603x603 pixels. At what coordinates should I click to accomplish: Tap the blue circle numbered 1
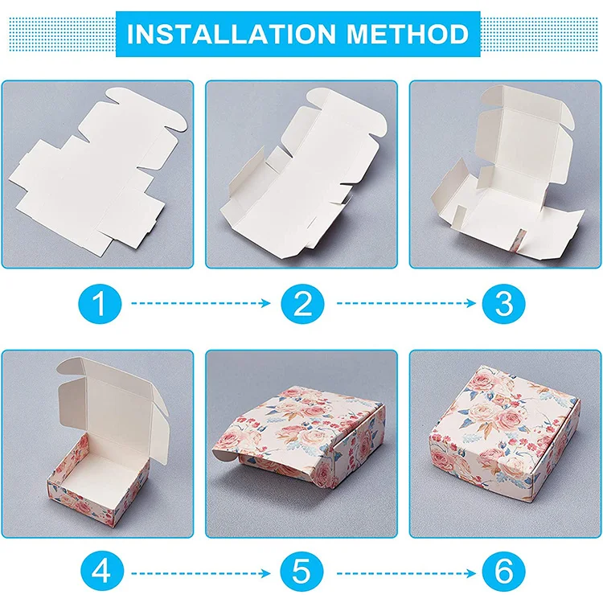click(100, 304)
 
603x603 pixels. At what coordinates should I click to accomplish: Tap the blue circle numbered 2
click(301, 304)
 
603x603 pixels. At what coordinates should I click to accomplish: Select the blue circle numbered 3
click(503, 304)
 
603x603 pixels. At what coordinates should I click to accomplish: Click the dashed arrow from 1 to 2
click(201, 304)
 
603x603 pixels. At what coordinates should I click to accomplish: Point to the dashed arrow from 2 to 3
click(402, 304)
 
